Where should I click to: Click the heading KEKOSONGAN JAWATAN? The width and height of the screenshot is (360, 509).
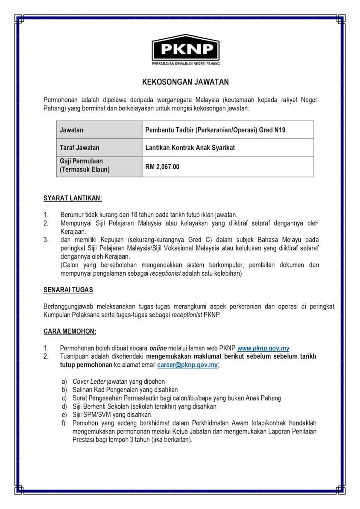(180, 81)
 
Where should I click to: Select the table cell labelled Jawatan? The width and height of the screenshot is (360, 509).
(72, 130)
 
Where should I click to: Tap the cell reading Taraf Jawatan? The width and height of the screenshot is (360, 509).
(80, 148)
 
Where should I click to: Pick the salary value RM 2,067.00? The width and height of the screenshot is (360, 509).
(162, 167)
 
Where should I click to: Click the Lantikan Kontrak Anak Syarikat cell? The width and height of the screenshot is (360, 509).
(190, 148)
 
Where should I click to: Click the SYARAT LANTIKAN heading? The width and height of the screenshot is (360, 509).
(73, 198)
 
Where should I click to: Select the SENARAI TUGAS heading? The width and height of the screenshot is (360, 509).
(68, 290)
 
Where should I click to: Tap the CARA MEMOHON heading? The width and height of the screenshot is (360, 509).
(70, 331)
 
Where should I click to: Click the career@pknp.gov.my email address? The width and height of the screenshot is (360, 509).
(187, 365)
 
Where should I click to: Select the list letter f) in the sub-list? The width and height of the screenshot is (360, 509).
(64, 423)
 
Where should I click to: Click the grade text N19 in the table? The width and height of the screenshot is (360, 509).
(278, 130)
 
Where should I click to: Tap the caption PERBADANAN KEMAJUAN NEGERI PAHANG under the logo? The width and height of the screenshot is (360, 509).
(186, 64)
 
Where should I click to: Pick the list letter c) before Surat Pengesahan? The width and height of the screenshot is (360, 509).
(64, 398)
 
